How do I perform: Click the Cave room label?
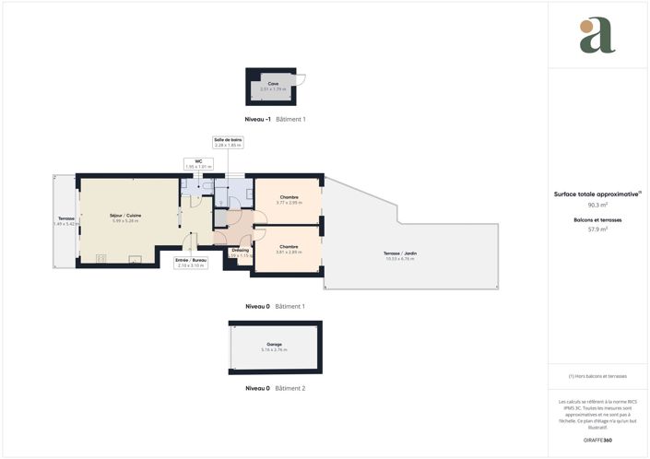coord(274,84)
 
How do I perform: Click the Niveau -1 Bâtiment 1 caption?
coord(275,120)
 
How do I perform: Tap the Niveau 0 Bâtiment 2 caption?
coord(275,388)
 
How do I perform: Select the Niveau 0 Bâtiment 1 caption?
coord(275,306)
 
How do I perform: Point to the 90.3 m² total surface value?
coord(597,206)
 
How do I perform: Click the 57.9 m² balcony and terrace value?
coord(597,229)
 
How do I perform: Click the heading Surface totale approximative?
coord(597,194)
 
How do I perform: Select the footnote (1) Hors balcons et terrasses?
coord(597,376)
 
